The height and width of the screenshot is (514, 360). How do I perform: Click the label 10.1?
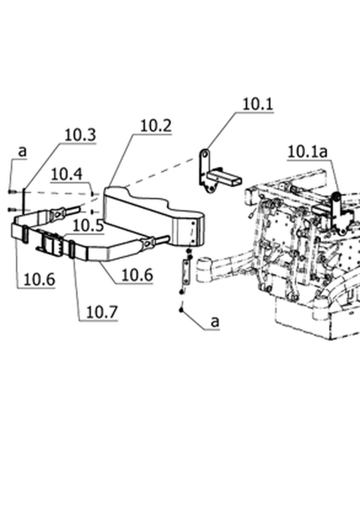coord(258,104)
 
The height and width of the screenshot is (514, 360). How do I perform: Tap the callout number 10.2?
coord(156,125)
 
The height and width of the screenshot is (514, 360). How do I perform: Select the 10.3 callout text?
coord(80,135)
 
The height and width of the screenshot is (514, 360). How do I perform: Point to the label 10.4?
coord(67,174)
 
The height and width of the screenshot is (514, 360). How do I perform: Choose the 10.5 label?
coord(88,226)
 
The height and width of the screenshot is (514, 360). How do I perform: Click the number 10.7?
coord(102,312)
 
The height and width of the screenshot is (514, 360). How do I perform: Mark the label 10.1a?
coord(307,152)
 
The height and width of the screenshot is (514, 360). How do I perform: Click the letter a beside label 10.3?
coord(22,152)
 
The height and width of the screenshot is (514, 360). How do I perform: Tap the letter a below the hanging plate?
coord(215,322)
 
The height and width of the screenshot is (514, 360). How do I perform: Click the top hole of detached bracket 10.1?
coord(205,154)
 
